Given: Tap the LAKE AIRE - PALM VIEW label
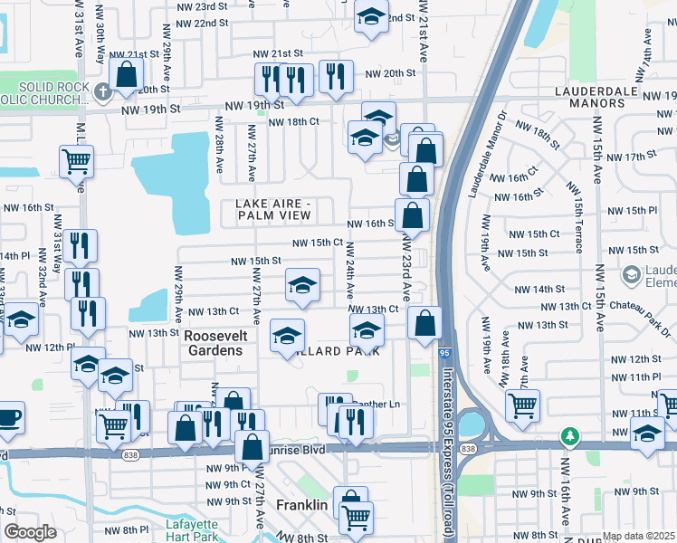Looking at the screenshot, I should click(274, 209).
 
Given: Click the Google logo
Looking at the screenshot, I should click(30, 532).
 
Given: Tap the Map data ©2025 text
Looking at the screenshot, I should click(639, 536).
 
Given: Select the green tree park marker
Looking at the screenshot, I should click(568, 436).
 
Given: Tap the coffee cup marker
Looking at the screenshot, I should click(9, 417).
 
